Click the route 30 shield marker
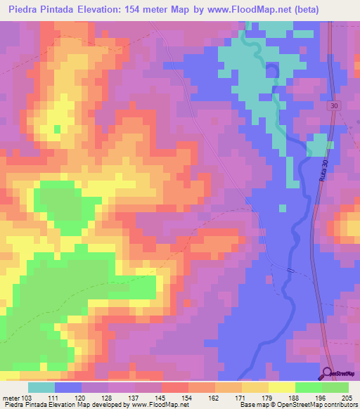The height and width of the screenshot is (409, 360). tap(333, 105)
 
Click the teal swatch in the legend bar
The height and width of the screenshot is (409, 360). tap(41, 387)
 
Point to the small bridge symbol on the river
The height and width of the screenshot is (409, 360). tap(290, 269)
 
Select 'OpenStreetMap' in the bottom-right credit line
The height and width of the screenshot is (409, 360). tap(309, 405)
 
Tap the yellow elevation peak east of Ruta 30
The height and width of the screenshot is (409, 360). tap(349, 227)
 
